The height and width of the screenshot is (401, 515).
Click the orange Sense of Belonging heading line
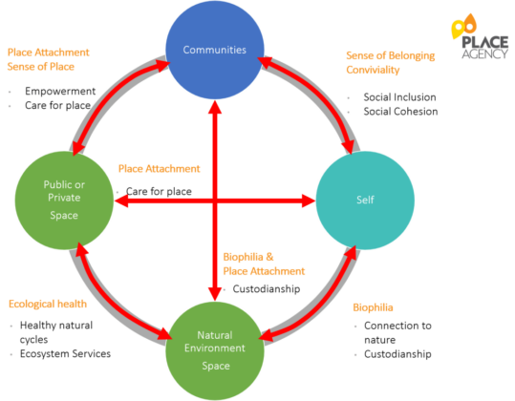tap(386, 55)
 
